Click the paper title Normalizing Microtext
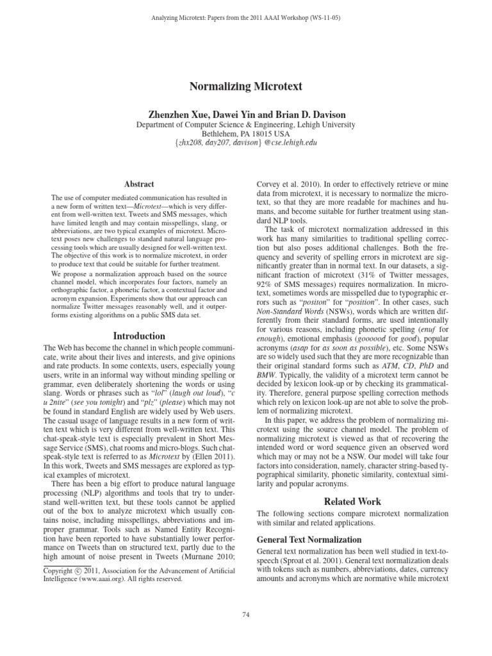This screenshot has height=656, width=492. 246,85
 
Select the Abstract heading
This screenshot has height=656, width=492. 138,183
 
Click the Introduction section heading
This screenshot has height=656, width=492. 139,336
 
